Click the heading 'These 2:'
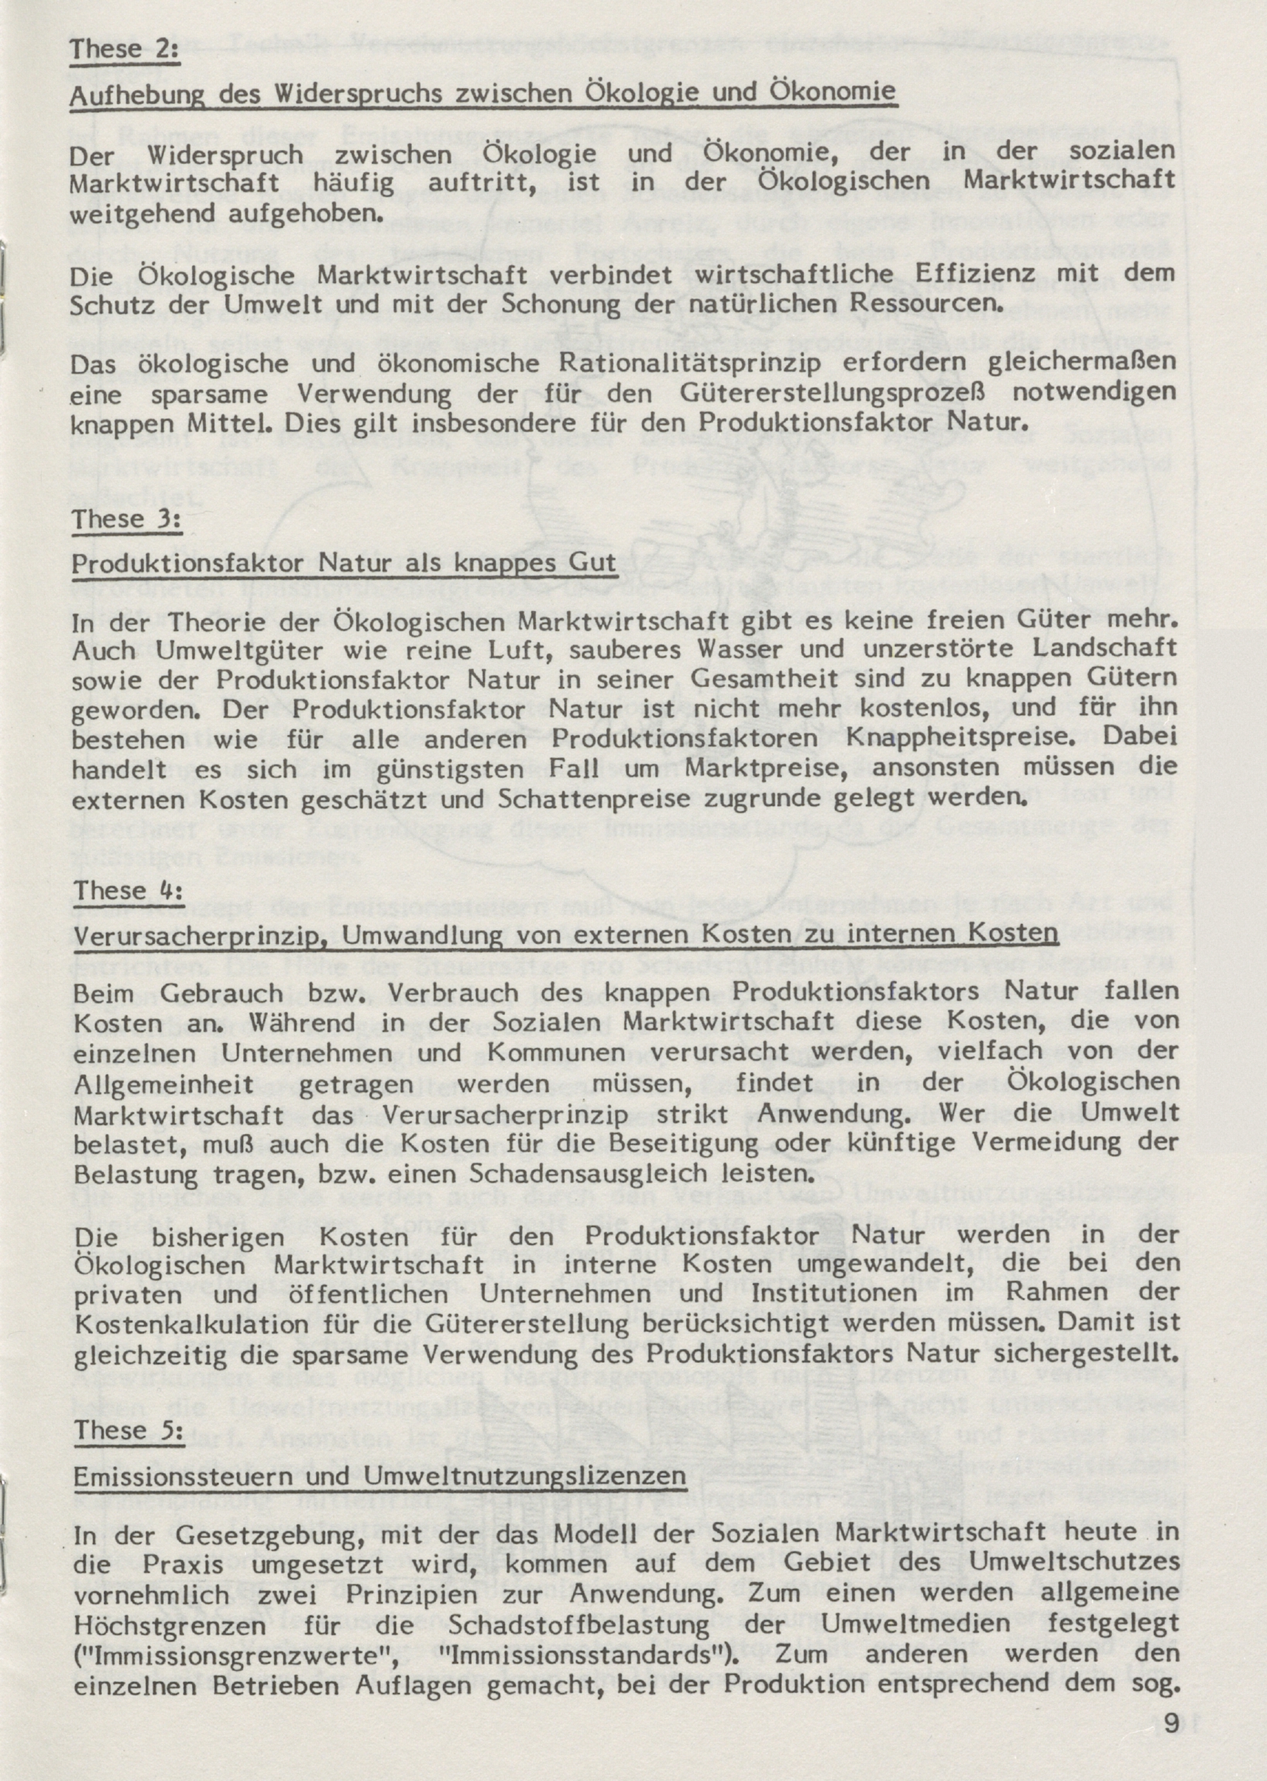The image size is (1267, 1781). point(125,50)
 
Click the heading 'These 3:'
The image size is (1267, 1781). point(127,520)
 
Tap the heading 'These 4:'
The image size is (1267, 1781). point(128,891)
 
